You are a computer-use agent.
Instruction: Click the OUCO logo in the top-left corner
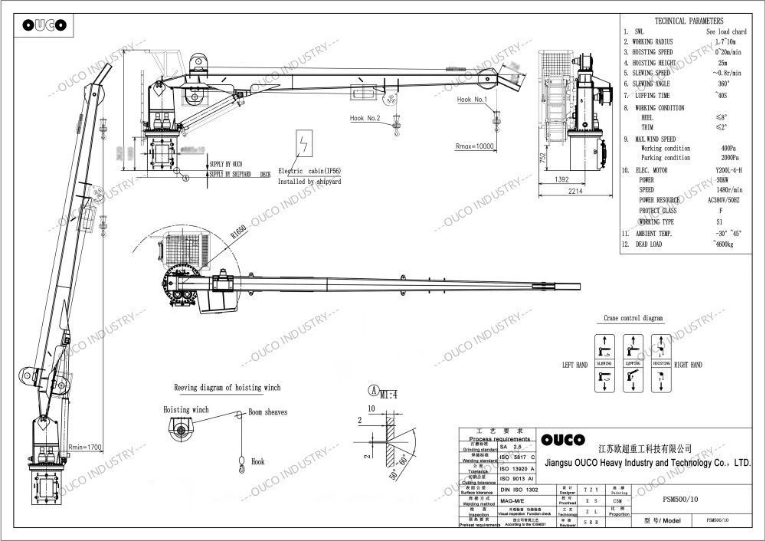(43, 25)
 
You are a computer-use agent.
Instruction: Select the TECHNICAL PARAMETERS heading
(690, 21)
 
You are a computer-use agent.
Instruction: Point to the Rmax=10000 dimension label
(476, 146)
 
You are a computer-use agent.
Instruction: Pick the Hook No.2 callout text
(365, 118)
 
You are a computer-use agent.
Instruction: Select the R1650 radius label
(239, 231)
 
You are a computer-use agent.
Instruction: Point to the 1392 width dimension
(561, 179)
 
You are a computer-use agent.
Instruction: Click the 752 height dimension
(542, 159)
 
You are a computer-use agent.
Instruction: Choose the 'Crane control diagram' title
(631, 317)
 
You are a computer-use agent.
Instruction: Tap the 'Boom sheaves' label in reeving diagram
(267, 412)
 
